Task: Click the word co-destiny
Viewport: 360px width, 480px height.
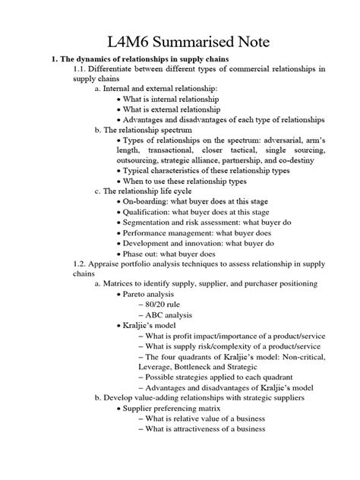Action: point(299,161)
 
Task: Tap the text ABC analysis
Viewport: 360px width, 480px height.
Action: point(173,314)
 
